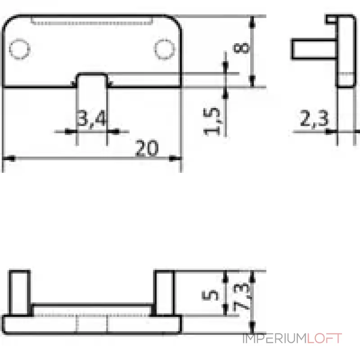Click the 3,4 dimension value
pos(92,119)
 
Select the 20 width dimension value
pos(147,148)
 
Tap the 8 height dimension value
pos(241,48)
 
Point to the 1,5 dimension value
pos(211,121)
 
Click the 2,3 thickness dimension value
pos(314,118)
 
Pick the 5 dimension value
pos(210,295)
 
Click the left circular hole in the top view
pos(19,49)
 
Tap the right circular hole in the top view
pos(164,49)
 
